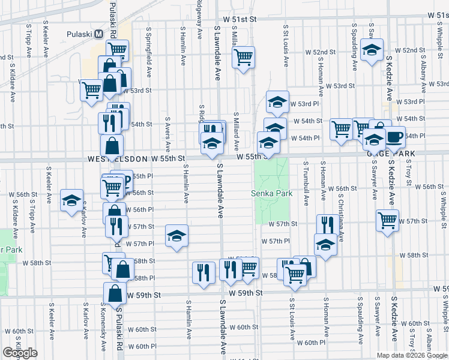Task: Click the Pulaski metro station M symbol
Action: [98, 34]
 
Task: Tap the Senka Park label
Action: [271, 193]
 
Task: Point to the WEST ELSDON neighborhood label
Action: [117, 159]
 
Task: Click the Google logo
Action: [20, 353]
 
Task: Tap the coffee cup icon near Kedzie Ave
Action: [394, 137]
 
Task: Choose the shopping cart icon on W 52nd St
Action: [243, 58]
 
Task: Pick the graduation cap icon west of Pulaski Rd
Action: [71, 200]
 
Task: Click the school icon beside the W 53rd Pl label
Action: [277, 103]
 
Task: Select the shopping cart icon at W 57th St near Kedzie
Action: [387, 221]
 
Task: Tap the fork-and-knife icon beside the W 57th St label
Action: [327, 225]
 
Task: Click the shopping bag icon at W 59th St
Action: [115, 293]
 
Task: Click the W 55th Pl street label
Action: [142, 176]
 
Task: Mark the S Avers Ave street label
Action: [169, 135]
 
